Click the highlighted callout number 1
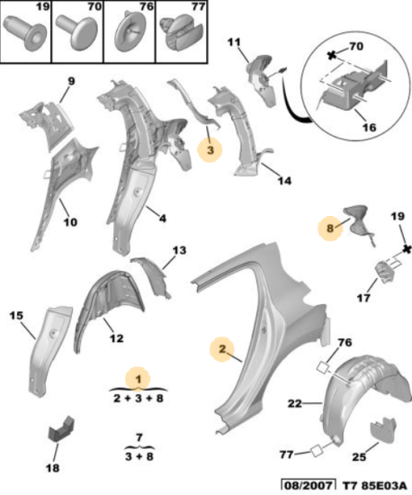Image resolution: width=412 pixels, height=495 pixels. click(x=139, y=379)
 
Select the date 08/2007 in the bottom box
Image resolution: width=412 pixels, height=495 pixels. click(x=309, y=486)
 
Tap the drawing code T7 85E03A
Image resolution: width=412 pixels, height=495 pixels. click(x=374, y=486)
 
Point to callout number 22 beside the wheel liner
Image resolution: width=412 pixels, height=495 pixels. click(x=295, y=403)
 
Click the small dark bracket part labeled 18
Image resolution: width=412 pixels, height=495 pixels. click(x=60, y=429)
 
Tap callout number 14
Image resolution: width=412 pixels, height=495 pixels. click(x=284, y=181)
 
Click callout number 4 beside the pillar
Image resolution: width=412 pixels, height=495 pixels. click(x=163, y=218)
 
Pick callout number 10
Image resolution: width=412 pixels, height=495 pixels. click(x=70, y=222)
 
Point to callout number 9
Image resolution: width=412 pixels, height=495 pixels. click(x=72, y=81)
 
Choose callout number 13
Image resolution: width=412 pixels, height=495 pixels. click(x=179, y=250)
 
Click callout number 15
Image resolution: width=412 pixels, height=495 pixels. click(x=16, y=315)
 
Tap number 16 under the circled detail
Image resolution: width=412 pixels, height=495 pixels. click(x=369, y=128)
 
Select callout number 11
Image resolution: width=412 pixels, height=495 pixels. click(x=234, y=42)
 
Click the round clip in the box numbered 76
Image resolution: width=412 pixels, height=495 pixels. click(x=130, y=31)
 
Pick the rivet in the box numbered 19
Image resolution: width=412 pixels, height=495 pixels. click(x=26, y=32)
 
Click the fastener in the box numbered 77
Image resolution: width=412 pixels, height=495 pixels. click(x=182, y=32)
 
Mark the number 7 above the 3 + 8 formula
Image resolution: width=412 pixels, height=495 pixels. click(x=139, y=437)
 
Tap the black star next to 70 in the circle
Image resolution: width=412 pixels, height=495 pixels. click(x=332, y=56)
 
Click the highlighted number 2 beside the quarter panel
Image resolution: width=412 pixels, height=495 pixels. click(x=222, y=349)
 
